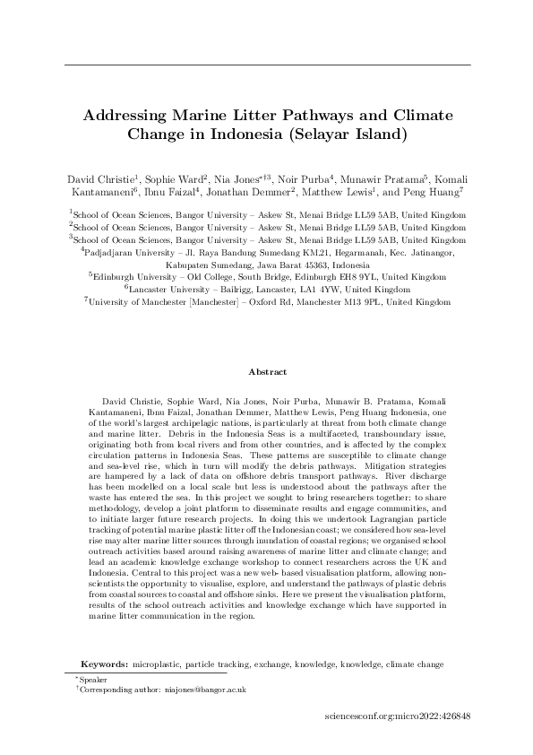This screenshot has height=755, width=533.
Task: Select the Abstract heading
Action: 268,371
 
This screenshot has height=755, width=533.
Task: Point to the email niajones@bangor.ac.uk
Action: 208,690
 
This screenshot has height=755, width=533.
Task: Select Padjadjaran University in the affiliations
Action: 129,254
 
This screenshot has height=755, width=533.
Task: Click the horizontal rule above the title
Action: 268,65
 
